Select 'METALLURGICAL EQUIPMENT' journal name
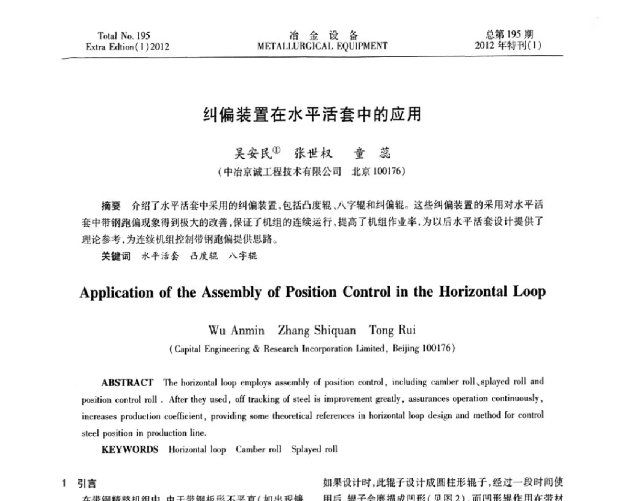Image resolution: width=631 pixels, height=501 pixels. tap(322, 46)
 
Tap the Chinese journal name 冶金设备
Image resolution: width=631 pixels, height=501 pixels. tap(323, 35)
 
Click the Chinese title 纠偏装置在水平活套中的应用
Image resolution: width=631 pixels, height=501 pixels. tap(312, 114)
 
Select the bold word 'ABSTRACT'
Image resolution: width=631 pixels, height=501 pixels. tap(127, 383)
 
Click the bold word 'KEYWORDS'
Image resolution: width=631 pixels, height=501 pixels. tap(129, 449)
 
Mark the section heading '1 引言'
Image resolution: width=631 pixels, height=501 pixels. tap(79, 483)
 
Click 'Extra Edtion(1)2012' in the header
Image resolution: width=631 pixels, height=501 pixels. tap(127, 46)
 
